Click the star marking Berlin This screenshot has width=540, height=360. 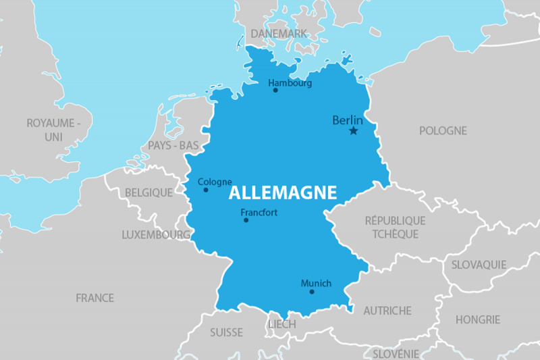(x=353, y=131)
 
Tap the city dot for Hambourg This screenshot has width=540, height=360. (x=275, y=90)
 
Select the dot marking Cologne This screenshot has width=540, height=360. (x=206, y=190)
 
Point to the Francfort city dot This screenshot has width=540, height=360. (x=246, y=220)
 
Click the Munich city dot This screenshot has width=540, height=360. (x=312, y=292)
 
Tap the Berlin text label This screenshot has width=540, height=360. (x=348, y=120)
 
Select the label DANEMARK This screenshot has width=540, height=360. (x=279, y=33)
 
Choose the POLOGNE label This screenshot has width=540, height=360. (x=443, y=130)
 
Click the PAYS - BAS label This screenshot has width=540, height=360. (x=173, y=145)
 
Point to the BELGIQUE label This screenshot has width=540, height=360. (x=148, y=192)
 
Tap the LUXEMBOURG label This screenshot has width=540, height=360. (x=156, y=235)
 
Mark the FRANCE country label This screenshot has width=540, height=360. (x=94, y=297)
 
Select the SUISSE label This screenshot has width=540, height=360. (x=226, y=332)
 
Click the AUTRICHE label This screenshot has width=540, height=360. (x=387, y=311)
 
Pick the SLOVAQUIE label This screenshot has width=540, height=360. (x=479, y=264)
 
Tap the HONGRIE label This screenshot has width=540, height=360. (x=477, y=319)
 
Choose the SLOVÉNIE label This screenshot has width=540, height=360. (x=396, y=353)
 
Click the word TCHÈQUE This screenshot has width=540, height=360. (x=395, y=234)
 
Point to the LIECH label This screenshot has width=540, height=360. (x=282, y=324)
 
